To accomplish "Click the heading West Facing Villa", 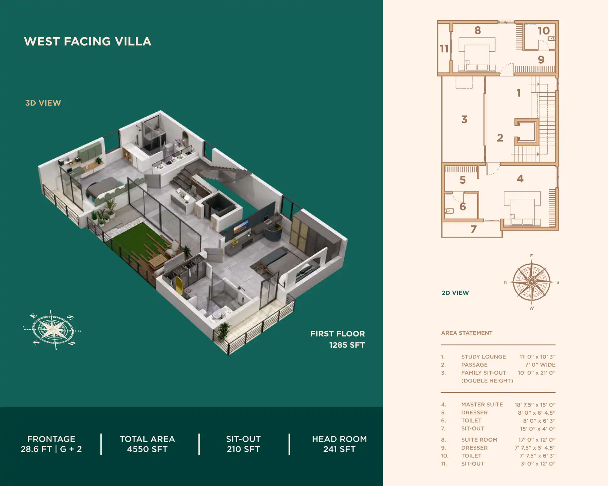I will pyautogui.click(x=87, y=41).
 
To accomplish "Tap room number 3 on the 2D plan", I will pyautogui.click(x=464, y=120).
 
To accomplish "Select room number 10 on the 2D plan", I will pyautogui.click(x=543, y=31).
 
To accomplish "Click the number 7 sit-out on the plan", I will pyautogui.click(x=474, y=229).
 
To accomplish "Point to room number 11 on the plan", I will pyautogui.click(x=444, y=49).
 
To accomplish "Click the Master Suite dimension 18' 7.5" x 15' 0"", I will pyautogui.click(x=535, y=405).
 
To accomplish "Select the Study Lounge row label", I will pyautogui.click(x=483, y=357).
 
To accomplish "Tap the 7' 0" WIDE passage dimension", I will pyautogui.click(x=540, y=364).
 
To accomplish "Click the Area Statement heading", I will pyautogui.click(x=467, y=333).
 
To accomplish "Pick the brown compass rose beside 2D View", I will pyautogui.click(x=531, y=282).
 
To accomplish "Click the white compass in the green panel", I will pyautogui.click(x=52, y=330).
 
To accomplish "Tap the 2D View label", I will pyautogui.click(x=455, y=293).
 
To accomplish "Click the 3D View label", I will pyautogui.click(x=43, y=103).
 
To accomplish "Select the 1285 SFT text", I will pyautogui.click(x=347, y=345).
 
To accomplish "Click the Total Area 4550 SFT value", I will pyautogui.click(x=147, y=449).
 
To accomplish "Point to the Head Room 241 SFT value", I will pyautogui.click(x=339, y=449).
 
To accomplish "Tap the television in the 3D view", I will pyautogui.click(x=240, y=227).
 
